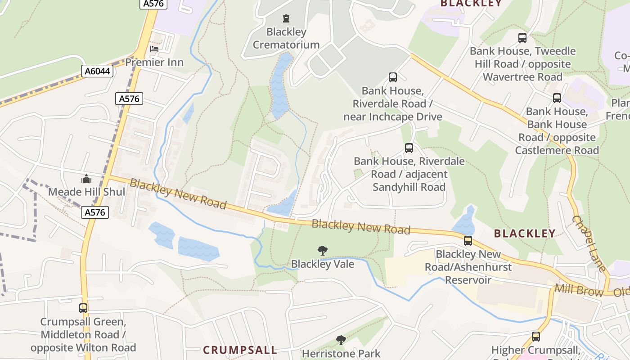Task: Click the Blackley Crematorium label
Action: tap(286, 38)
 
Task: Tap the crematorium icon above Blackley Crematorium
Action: tap(286, 18)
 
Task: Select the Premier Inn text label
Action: tap(154, 62)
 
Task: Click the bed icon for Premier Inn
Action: tap(154, 49)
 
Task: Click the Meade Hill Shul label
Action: tap(86, 192)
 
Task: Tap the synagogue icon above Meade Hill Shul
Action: tap(86, 179)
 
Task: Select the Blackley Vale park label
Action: tap(322, 264)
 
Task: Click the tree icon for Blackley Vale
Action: tap(322, 251)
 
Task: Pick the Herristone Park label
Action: tap(341, 354)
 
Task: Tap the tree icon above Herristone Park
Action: tap(341, 340)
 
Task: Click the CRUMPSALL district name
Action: tap(240, 350)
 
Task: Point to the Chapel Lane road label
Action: tap(589, 243)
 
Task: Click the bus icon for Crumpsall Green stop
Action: tap(83, 308)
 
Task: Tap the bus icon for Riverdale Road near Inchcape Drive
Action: tap(393, 77)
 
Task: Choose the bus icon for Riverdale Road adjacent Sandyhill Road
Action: tap(409, 148)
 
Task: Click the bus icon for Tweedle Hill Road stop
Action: tap(522, 38)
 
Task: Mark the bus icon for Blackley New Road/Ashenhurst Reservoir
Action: tap(468, 241)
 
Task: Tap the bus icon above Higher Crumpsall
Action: tap(535, 336)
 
